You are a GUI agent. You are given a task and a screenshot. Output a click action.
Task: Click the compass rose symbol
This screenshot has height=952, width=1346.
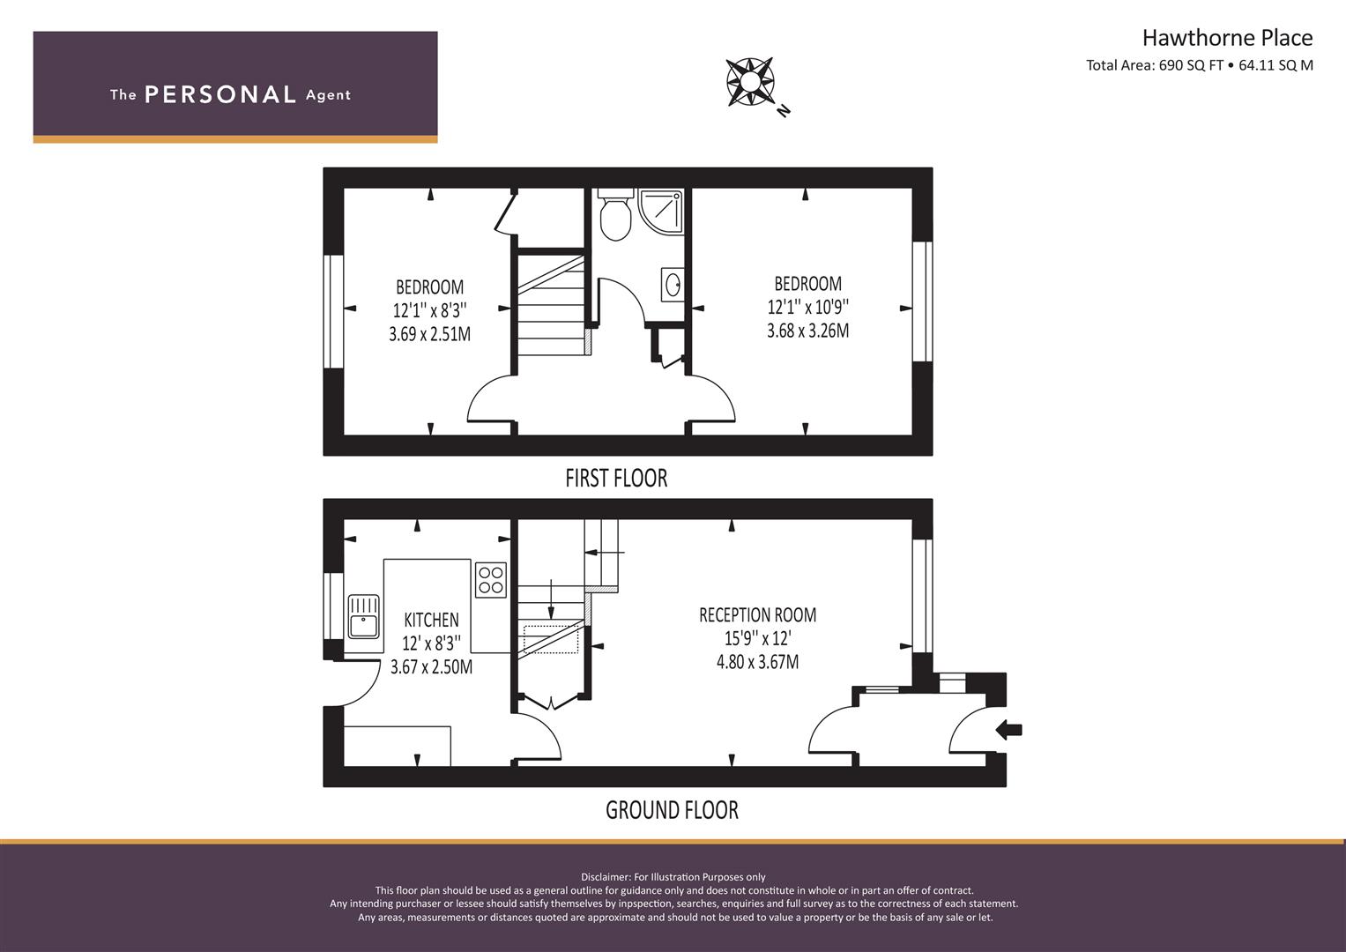(750, 82)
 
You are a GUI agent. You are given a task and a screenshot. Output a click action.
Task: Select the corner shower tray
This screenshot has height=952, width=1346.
(662, 211)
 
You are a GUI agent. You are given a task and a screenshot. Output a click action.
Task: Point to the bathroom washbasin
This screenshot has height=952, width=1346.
(673, 284)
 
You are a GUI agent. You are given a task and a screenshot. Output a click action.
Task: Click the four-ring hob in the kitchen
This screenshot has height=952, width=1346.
(491, 580)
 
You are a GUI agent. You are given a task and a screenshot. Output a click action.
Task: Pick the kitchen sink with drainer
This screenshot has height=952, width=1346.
(363, 617)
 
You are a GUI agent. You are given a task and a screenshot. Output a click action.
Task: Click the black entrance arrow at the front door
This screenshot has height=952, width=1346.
(1009, 730)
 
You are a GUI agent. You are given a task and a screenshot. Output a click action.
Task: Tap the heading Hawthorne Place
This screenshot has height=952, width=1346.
(1227, 38)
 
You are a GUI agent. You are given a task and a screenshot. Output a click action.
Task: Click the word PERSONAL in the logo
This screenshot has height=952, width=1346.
(220, 95)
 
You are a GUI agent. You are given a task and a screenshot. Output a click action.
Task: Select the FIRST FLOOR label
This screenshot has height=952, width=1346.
(616, 479)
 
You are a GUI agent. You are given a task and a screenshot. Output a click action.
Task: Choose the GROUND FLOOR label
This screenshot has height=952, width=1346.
(672, 810)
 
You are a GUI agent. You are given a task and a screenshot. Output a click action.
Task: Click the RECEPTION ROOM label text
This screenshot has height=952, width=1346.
(758, 615)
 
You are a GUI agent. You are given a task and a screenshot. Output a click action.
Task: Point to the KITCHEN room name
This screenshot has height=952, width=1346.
(431, 620)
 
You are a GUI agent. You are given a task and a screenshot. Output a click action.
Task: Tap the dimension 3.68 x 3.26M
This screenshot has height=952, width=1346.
(807, 331)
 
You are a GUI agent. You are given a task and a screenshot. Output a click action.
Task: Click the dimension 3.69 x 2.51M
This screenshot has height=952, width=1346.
(429, 333)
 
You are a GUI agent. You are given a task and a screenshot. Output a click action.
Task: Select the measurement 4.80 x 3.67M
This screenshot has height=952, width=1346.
(758, 662)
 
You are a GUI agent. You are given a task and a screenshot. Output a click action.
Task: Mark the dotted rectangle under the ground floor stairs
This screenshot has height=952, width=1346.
(550, 639)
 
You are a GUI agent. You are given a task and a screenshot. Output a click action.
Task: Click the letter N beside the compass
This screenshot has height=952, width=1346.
(783, 110)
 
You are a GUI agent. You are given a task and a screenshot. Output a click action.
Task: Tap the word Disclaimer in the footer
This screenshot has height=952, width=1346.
(606, 877)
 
